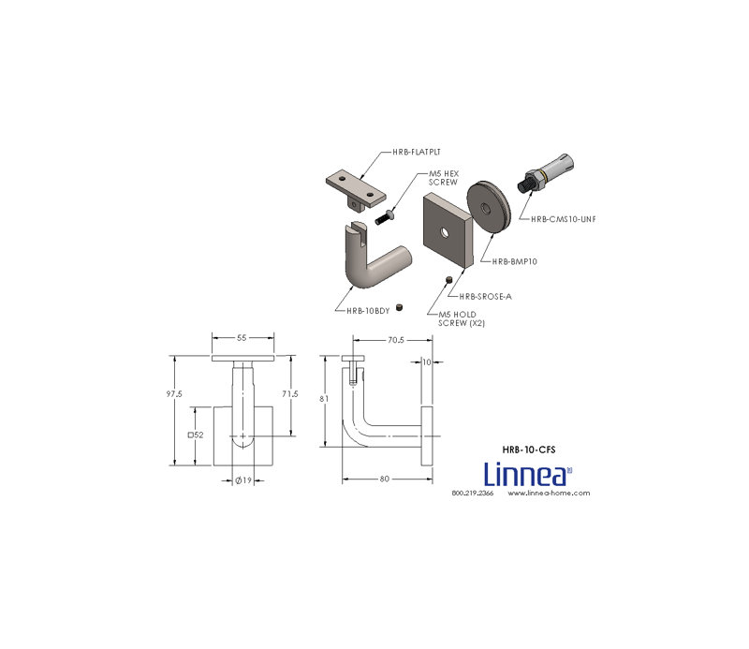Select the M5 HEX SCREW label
click(443, 178)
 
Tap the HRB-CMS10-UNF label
click(563, 219)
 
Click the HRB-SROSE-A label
click(485, 296)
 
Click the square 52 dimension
click(196, 435)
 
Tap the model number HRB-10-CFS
click(528, 450)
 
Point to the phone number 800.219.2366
click(472, 493)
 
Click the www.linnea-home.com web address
click(549, 493)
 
